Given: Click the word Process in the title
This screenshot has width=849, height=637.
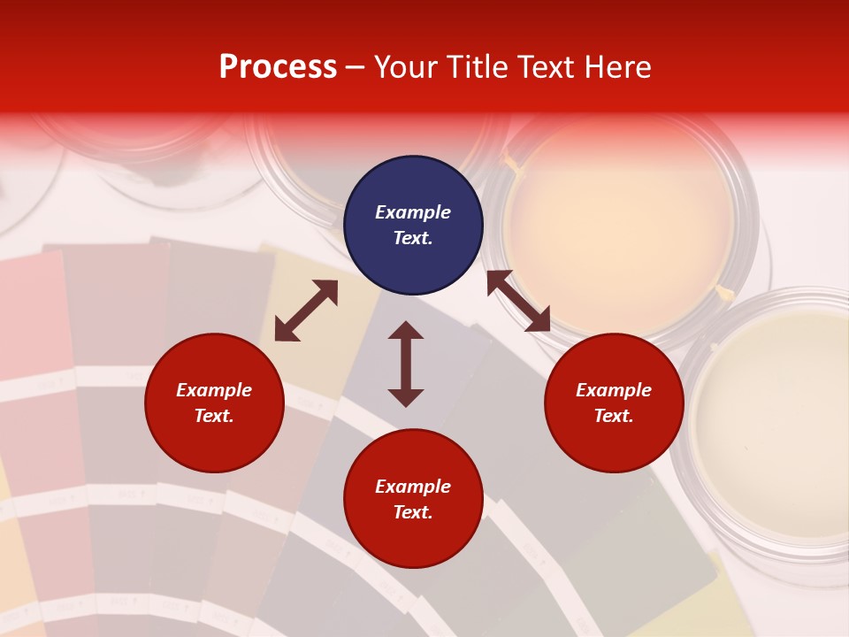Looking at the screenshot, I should coord(278,67).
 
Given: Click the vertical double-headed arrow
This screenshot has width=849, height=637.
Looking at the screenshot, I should coord(406,364).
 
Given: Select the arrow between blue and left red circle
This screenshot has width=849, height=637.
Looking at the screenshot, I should coord(306,311).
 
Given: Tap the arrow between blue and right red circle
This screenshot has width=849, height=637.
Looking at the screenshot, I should coord(518,301).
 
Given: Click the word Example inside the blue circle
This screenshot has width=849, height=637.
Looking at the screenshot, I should coord(413,212).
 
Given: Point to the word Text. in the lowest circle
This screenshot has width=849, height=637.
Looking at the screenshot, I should coord(413,512).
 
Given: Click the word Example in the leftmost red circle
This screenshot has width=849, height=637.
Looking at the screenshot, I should coord(214,390).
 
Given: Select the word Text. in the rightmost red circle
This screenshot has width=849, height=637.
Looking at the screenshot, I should coord(614,416).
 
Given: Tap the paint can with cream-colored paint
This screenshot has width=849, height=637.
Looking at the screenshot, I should coord(769,425).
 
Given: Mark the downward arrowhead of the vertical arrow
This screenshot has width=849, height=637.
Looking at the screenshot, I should coord(406,397).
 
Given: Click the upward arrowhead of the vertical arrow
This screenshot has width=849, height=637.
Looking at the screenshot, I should coord(406,330).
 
